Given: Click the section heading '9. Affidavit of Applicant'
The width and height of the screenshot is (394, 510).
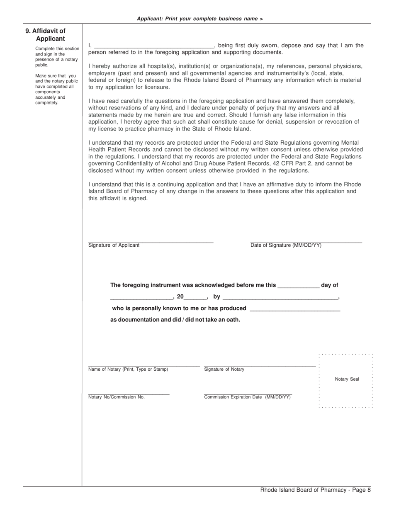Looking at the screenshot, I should (x=46, y=35).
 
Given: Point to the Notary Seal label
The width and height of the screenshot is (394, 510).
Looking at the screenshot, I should (x=347, y=379).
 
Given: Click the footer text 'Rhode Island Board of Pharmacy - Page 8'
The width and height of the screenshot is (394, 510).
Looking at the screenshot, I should (x=315, y=490).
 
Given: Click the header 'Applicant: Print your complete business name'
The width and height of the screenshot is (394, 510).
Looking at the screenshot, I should (x=199, y=19).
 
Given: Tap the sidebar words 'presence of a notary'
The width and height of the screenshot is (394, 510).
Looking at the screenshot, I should (x=56, y=59).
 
